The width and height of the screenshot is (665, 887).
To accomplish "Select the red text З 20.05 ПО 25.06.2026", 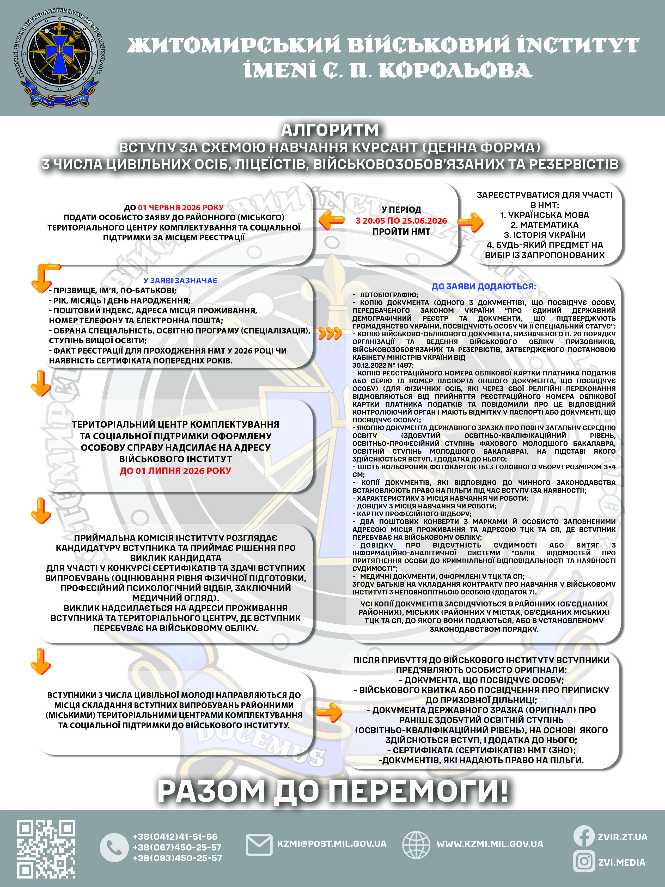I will pyautogui.click(x=401, y=221).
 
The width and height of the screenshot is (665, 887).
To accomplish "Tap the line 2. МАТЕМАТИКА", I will pyautogui.click(x=544, y=225).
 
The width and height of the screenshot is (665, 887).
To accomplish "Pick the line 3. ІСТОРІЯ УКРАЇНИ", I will pyautogui.click(x=544, y=235).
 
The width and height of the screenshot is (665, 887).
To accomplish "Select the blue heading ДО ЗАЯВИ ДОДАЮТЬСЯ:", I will pyautogui.click(x=483, y=286).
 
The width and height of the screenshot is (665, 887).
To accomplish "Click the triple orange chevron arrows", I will pyautogui.click(x=330, y=333).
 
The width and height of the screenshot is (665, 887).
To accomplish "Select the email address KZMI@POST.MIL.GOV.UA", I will pyautogui.click(x=332, y=844).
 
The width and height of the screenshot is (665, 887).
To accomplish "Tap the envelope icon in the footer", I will pyautogui.click(x=259, y=844).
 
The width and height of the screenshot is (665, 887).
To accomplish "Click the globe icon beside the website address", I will pyautogui.click(x=416, y=844).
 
